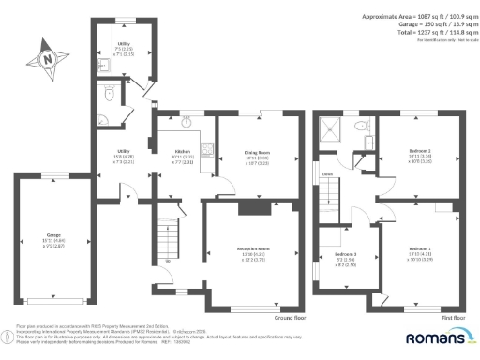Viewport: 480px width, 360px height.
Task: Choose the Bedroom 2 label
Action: [418, 150]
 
